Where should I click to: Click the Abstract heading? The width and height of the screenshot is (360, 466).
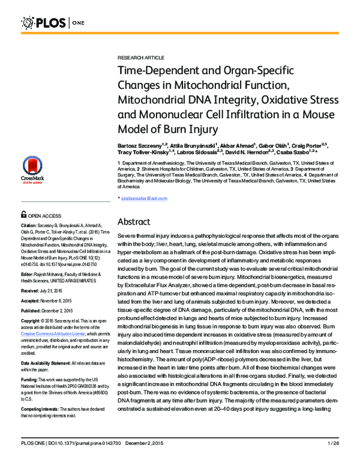point(137,222)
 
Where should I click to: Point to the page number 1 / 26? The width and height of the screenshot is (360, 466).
point(334,460)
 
